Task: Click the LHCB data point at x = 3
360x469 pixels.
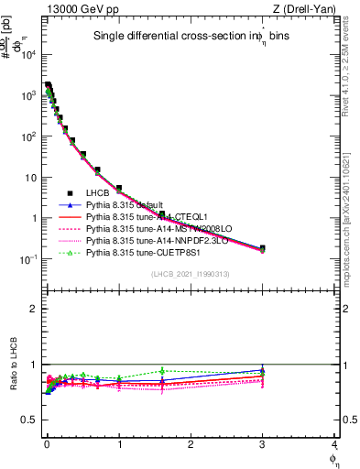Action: (262, 248)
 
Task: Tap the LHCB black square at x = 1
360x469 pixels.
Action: (119, 188)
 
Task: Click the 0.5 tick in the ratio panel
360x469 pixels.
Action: (32, 420)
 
